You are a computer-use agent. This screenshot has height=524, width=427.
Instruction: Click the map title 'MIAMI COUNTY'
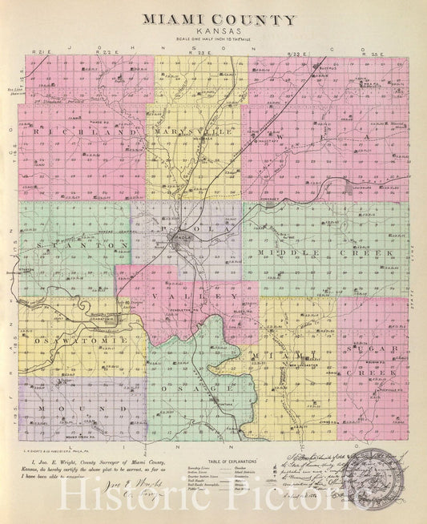coord(219,19)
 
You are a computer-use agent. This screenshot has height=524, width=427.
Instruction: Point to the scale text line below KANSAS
coord(219,39)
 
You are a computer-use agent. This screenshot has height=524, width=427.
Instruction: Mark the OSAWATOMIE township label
coord(70,341)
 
